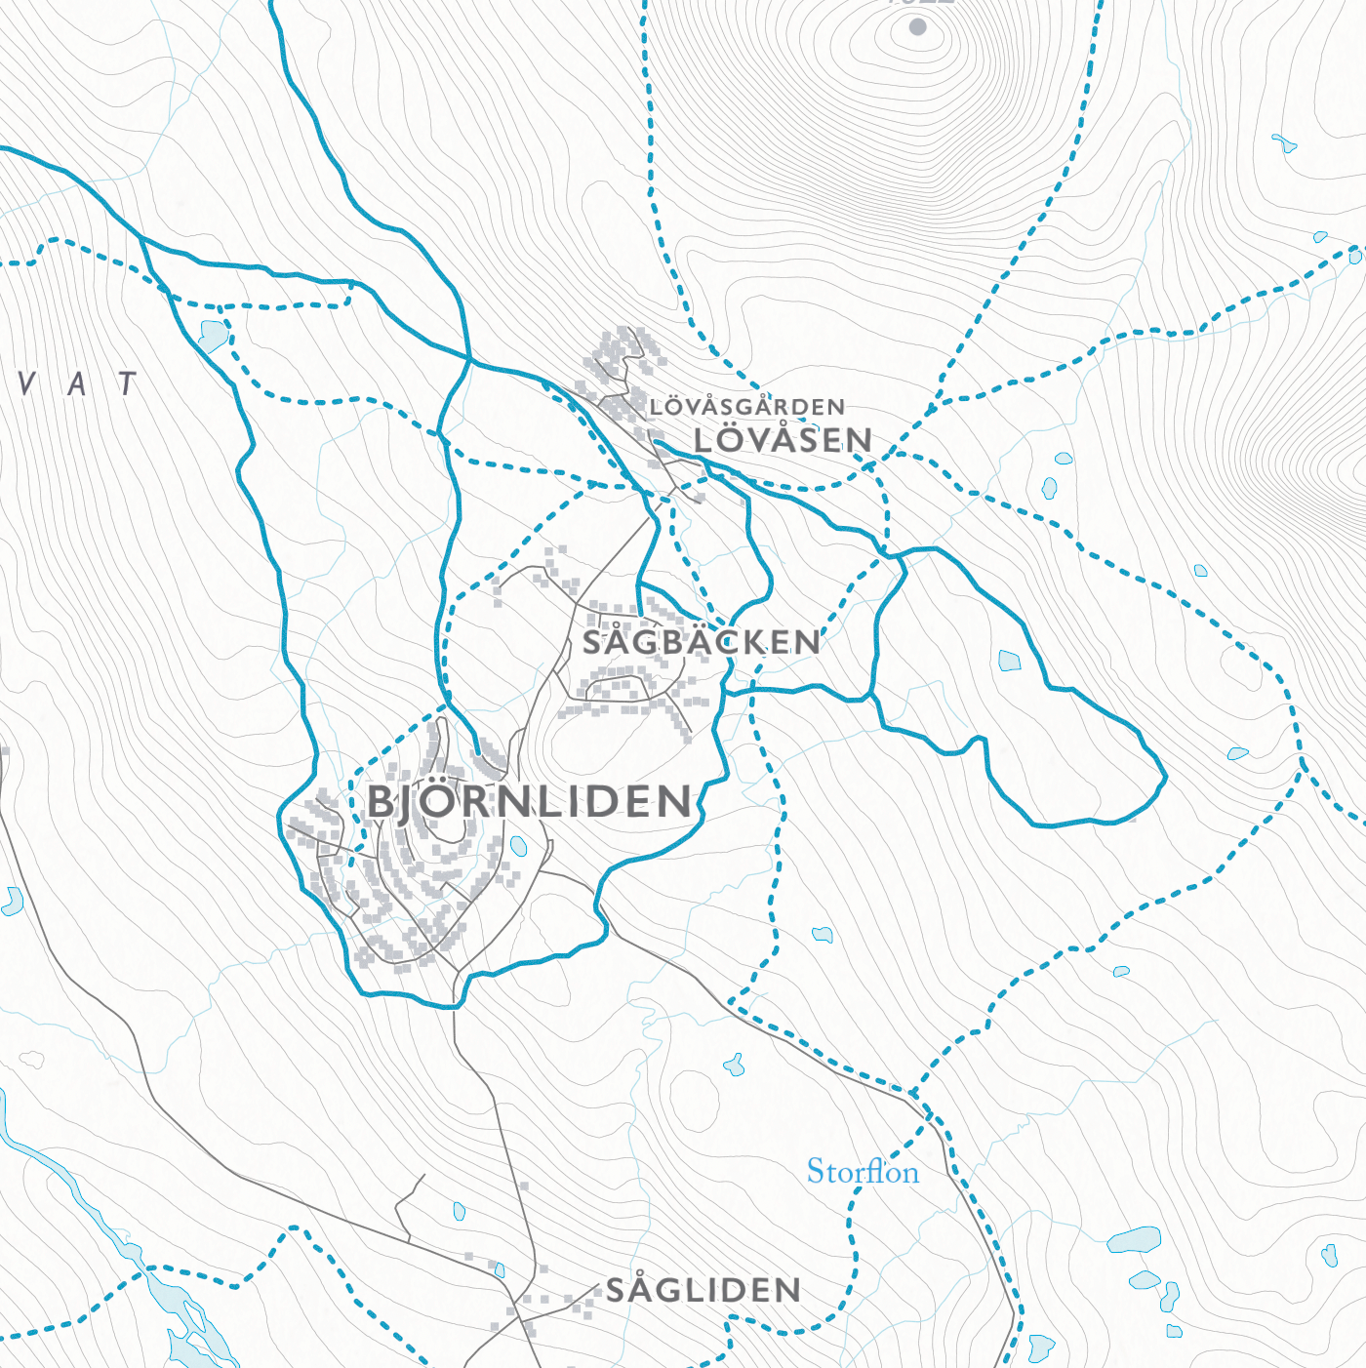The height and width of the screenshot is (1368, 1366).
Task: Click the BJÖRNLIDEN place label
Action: pos(530,802)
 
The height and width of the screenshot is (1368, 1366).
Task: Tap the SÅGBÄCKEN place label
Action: pos(702,642)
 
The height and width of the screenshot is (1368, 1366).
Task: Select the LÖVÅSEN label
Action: pos(783,440)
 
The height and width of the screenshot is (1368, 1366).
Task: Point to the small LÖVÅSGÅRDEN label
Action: pos(747,407)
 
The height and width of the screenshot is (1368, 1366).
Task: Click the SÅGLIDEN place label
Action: pos(703,1290)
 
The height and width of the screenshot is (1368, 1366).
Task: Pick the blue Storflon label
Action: pos(863,1171)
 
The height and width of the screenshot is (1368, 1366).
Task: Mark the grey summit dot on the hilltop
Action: pos(917,27)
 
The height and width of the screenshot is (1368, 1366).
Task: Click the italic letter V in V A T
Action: pos(27,383)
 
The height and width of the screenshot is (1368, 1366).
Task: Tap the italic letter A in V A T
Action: pos(77,383)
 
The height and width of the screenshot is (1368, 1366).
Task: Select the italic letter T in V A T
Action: pos(128,383)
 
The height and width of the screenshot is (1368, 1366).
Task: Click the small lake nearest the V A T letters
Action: pos(212,335)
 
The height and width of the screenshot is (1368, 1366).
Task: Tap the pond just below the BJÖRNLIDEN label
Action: pos(519,846)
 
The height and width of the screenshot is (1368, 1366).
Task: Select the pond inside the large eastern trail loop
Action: pos(1010,661)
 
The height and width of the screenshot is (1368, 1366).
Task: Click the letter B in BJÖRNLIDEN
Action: pos(381,803)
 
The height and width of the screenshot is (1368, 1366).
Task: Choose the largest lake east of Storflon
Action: pos(1134,1240)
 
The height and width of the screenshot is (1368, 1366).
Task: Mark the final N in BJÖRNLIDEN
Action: pos(672,802)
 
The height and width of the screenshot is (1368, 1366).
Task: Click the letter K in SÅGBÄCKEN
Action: pos(753,642)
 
